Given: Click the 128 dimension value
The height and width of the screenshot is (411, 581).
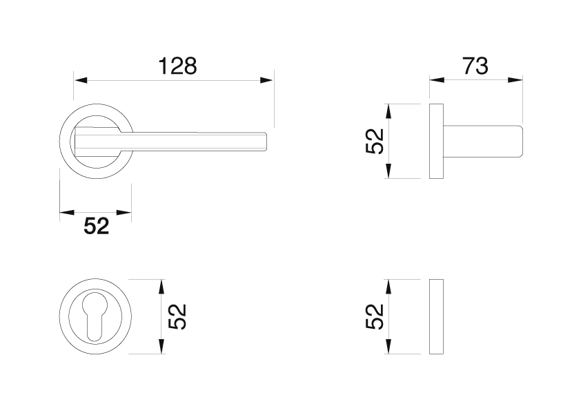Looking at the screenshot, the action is tap(177, 66).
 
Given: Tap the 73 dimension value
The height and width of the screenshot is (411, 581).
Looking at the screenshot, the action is tap(475, 66).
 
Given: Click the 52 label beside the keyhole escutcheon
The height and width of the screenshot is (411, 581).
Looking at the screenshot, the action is tap(177, 316).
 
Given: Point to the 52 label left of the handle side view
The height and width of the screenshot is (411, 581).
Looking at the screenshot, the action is tap(374, 141).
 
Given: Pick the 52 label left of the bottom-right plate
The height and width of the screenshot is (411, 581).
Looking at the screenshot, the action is tap(374, 316).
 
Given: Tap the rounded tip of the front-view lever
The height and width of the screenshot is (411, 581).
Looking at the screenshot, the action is tap(265, 142).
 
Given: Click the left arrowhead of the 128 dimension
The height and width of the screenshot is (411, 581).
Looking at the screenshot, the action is tap(81, 80).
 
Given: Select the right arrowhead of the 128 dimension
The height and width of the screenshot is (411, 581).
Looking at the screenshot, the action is tap(267, 80).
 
